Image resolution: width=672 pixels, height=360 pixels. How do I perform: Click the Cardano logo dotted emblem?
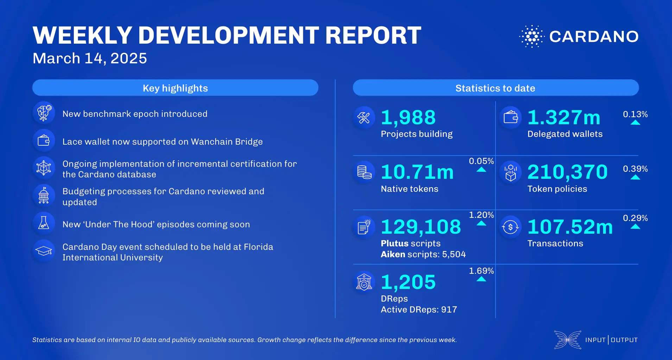[532, 36]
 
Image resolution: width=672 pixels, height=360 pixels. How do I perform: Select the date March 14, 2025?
[90, 58]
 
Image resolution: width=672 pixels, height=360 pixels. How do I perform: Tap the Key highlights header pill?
[175, 88]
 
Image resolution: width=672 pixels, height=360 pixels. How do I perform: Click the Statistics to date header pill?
[495, 88]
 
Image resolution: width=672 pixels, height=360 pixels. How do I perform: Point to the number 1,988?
[408, 118]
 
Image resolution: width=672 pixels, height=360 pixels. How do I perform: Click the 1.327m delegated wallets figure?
[564, 118]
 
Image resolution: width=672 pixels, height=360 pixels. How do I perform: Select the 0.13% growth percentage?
[635, 114]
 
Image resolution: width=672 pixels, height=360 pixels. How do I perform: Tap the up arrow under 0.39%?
[635, 177]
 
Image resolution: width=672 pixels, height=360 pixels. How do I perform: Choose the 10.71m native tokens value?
[417, 172]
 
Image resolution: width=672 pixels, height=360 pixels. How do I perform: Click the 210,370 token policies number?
[567, 172]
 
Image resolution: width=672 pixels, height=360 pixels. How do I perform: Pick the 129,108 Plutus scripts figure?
[421, 227]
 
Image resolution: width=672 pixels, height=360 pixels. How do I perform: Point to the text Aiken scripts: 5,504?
[423, 254]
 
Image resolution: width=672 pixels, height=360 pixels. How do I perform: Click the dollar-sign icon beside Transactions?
[510, 227]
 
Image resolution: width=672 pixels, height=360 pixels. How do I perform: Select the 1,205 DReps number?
[408, 282]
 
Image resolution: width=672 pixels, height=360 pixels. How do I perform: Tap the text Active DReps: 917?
[419, 310]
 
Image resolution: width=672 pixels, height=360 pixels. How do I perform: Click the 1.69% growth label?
[481, 271]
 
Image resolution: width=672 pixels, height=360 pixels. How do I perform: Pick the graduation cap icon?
[44, 251]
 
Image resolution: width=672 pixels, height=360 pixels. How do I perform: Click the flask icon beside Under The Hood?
[44, 223]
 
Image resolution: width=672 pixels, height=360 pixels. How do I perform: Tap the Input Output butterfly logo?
[567, 340]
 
